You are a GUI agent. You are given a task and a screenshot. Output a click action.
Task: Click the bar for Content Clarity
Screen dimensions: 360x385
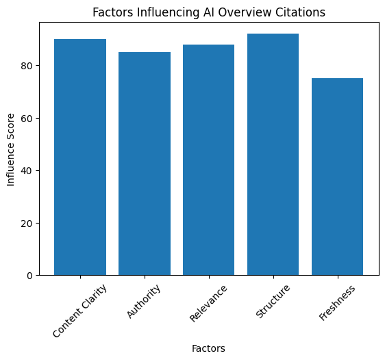point(80,157)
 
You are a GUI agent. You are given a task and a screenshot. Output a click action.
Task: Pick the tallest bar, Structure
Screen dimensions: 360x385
point(273,154)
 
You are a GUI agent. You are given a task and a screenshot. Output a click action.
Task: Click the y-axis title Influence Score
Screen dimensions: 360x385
point(10,149)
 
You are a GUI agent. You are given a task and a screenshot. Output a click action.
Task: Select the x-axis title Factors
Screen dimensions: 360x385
point(208,348)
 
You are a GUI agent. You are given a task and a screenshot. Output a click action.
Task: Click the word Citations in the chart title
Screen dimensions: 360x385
point(302,12)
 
